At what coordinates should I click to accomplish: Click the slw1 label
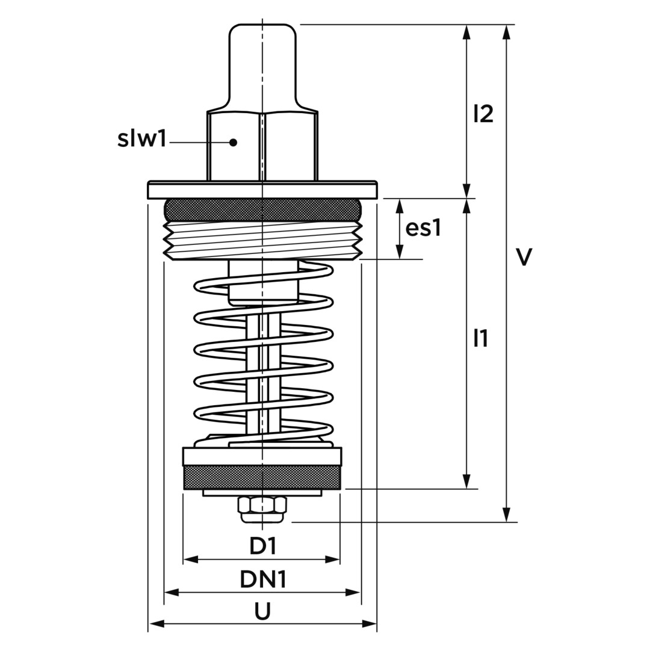141,139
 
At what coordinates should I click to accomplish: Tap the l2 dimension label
483,114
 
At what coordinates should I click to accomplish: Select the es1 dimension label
423,228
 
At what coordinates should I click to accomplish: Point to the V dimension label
524,257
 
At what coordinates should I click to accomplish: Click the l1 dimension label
480,339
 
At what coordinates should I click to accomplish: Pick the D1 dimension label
262,546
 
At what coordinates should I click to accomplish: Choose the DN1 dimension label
262,579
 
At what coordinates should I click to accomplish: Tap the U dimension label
262,611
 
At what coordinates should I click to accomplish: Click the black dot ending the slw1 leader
234,143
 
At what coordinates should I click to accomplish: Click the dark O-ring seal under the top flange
262,209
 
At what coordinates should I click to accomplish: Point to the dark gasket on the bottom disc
262,477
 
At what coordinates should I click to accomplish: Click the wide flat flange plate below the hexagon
262,190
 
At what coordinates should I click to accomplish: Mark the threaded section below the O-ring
262,240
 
